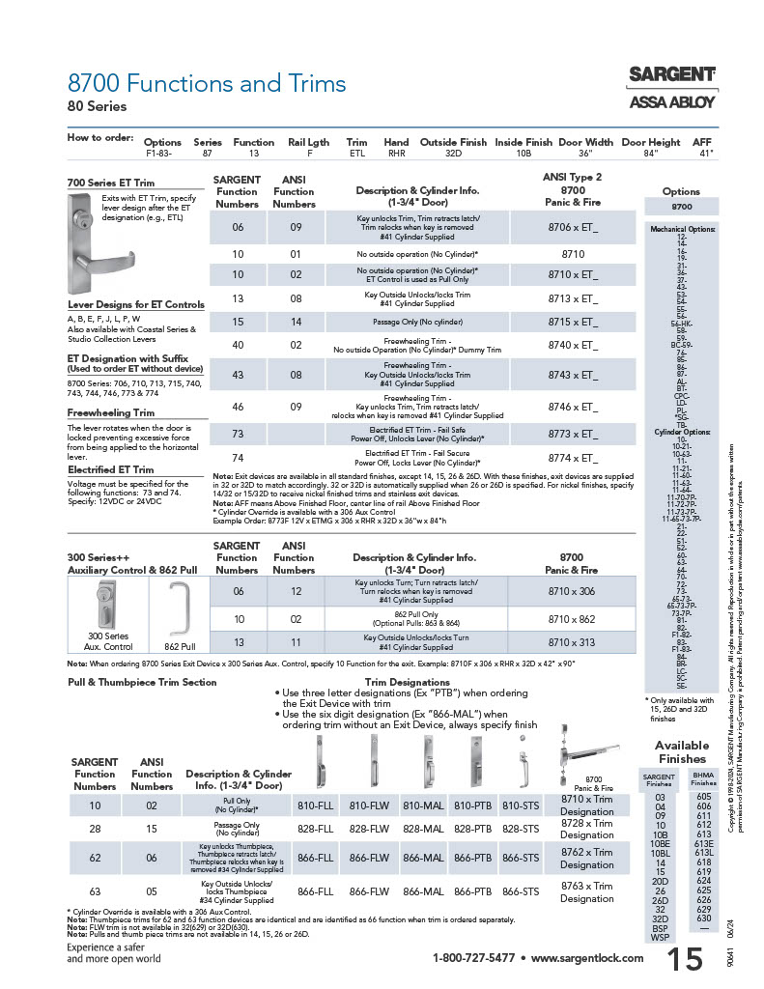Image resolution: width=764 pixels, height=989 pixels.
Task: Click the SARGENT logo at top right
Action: point(672,74)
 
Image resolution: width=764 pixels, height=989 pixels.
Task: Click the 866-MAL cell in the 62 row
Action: point(422,858)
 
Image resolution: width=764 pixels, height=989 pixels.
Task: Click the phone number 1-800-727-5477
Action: point(473,959)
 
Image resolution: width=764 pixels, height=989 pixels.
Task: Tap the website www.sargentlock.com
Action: point(587,959)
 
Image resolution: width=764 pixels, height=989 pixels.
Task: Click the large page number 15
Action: point(685,958)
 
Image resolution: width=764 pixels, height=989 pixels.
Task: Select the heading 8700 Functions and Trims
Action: point(207,83)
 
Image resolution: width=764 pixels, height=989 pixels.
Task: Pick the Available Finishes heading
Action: point(681,750)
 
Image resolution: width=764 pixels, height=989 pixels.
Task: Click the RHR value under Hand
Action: point(396,153)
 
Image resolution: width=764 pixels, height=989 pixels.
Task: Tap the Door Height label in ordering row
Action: point(650,142)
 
